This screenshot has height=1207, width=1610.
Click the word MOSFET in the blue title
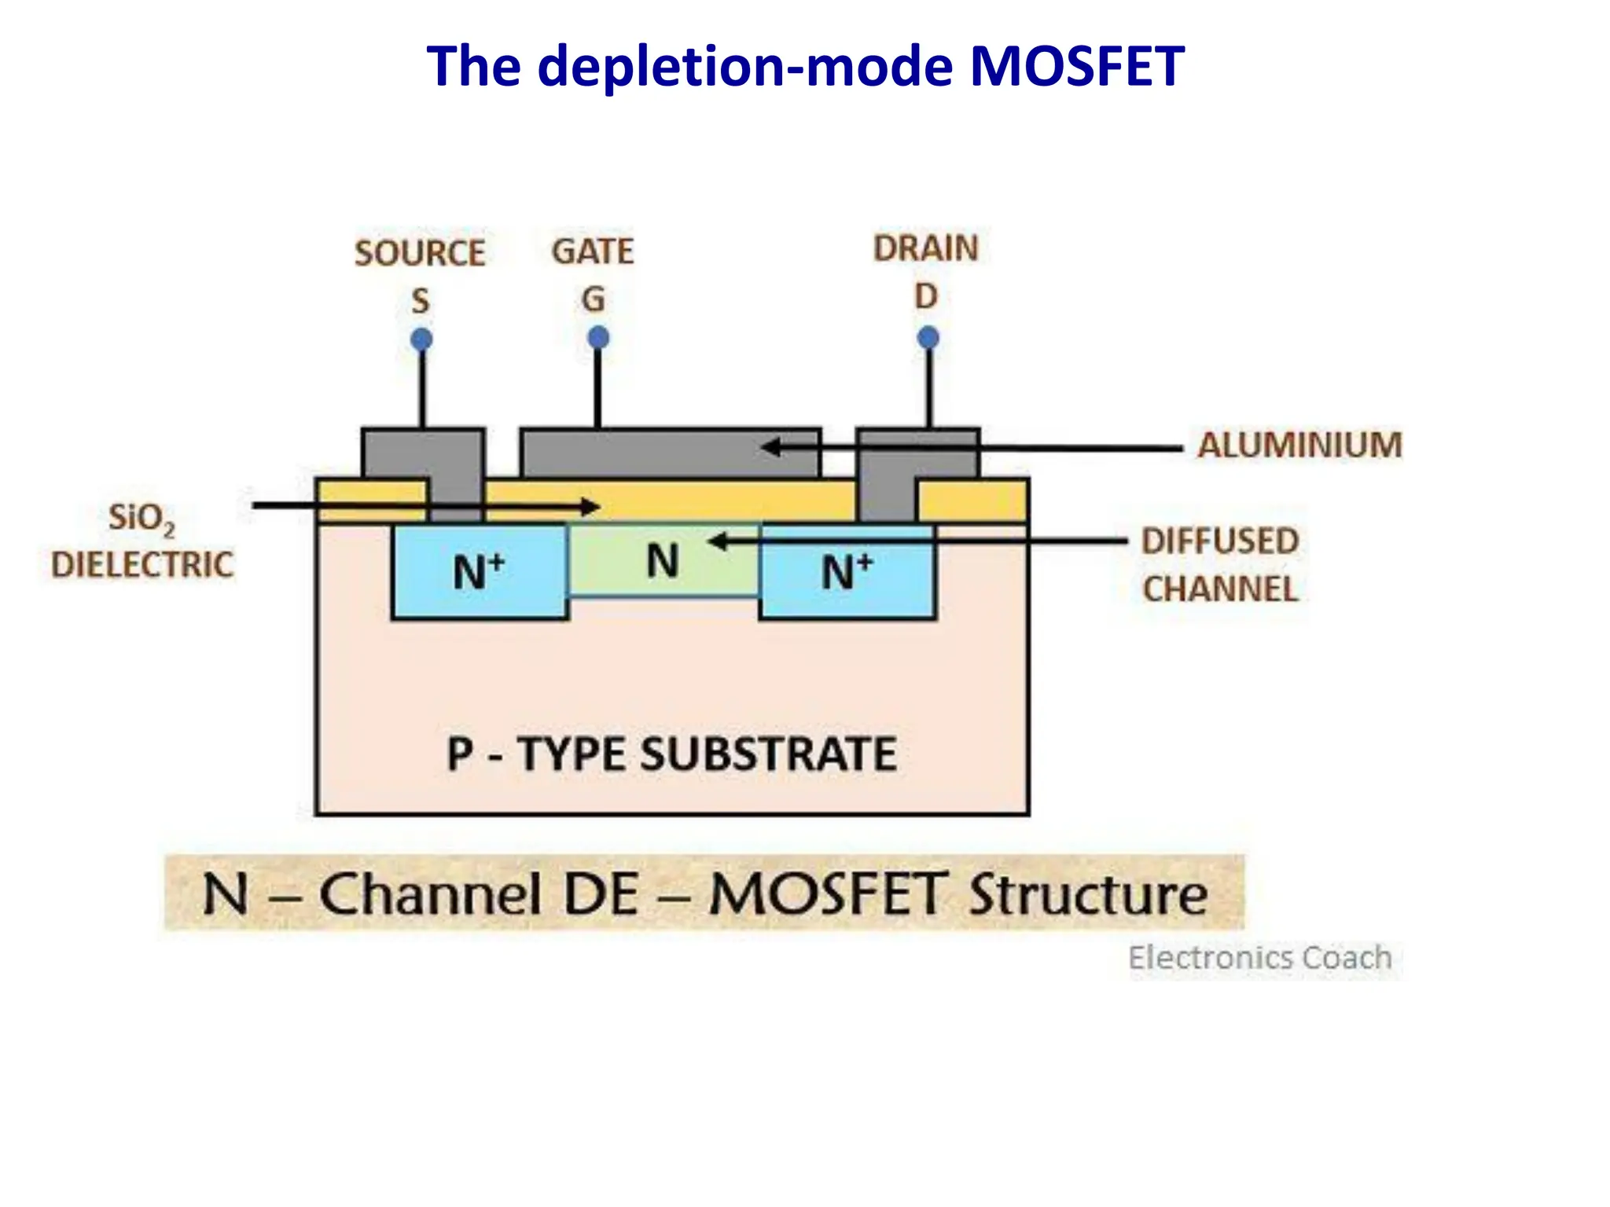tap(1076, 66)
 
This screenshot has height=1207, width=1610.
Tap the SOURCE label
tap(420, 253)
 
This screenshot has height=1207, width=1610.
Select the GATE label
tap(593, 251)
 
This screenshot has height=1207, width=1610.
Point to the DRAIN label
tap(925, 248)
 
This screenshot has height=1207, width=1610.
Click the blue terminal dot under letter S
tap(422, 339)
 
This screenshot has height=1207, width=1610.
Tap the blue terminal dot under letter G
tap(598, 338)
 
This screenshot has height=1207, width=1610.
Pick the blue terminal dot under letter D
tap(928, 338)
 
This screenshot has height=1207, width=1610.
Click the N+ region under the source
tap(479, 571)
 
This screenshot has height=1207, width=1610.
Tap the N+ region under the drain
tap(847, 571)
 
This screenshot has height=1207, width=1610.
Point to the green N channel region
tap(663, 561)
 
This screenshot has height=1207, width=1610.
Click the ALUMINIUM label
tap(1299, 445)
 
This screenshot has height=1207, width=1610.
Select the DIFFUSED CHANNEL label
tap(1220, 565)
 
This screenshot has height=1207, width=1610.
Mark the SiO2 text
tap(142, 519)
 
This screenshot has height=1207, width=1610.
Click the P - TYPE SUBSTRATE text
tap(671, 754)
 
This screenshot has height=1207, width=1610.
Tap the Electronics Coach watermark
tap(1260, 958)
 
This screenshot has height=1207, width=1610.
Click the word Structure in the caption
tap(1088, 894)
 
